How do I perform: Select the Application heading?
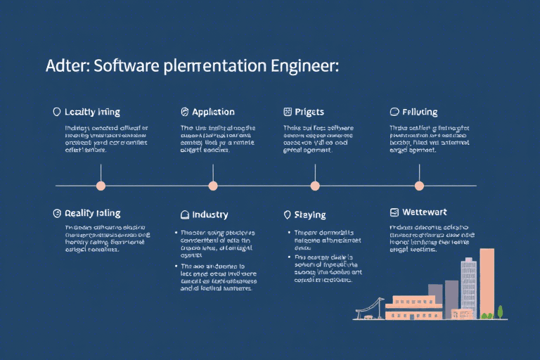[x=213, y=112]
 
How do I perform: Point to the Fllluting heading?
[x=420, y=112]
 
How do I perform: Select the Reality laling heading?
[x=92, y=213]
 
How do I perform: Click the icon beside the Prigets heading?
[x=287, y=112]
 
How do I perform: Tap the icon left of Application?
[x=186, y=112]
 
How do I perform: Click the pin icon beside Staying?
[x=287, y=214]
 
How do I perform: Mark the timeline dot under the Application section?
[x=213, y=186]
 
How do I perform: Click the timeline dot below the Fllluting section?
[x=419, y=186]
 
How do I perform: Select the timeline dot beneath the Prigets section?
[x=315, y=186]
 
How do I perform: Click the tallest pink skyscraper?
[x=487, y=281]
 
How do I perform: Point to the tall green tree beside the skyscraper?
[x=500, y=311]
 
